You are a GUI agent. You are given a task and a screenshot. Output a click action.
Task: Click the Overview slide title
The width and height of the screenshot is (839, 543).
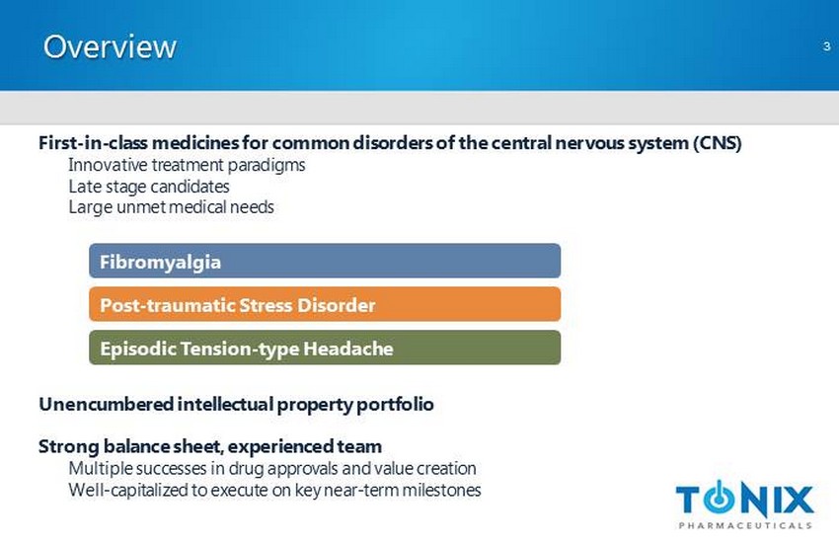point(110,47)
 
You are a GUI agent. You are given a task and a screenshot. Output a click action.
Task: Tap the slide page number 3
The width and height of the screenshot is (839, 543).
point(827,46)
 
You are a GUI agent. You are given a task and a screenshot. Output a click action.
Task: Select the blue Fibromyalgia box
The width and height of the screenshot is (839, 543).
point(325,261)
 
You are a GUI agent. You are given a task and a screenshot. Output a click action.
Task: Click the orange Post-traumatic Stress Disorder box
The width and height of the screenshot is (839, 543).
point(325,304)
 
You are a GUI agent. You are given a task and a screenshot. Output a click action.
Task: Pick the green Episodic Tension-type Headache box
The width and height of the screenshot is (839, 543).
point(325,348)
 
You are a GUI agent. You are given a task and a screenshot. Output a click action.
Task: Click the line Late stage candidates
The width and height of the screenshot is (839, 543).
point(149,187)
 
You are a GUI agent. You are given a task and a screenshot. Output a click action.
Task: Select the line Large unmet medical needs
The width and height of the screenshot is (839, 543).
point(171,207)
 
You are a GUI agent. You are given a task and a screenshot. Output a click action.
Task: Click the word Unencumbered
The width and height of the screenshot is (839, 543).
point(106,404)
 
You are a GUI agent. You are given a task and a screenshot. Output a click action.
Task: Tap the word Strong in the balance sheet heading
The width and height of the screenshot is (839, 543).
point(69,446)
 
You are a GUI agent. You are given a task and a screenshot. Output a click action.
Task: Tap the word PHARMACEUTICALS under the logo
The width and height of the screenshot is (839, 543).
point(745,526)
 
